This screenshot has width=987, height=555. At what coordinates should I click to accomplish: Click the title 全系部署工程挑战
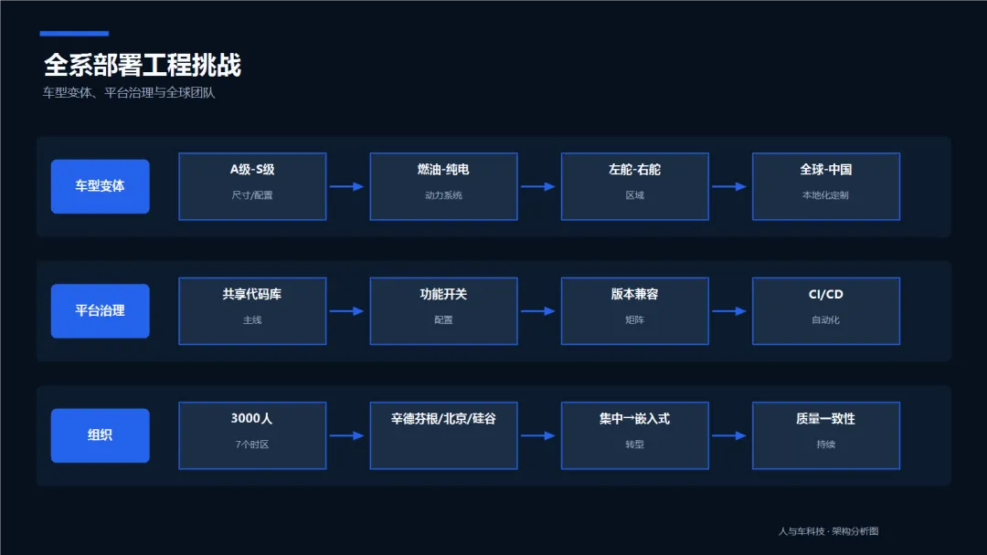click(143, 65)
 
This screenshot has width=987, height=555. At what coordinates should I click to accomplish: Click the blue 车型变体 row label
click(101, 186)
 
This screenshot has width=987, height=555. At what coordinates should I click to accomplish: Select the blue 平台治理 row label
click(101, 310)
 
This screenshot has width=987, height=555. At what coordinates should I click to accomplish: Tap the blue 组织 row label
click(101, 435)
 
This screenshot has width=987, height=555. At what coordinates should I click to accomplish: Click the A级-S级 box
click(252, 186)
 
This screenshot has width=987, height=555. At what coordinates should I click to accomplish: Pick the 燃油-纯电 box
click(444, 186)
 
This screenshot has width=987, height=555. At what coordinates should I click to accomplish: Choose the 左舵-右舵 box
click(635, 186)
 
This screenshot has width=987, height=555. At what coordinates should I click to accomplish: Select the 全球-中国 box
click(826, 186)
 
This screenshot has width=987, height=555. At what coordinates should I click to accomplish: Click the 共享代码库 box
click(252, 310)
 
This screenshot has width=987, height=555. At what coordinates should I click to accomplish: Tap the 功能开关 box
click(444, 310)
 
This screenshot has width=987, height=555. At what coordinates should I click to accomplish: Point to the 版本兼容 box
click(635, 310)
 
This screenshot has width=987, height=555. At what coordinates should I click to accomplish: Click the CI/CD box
click(826, 310)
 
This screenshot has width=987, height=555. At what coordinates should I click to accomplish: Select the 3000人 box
click(252, 435)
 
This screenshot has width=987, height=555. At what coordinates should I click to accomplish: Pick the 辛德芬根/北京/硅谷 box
click(444, 435)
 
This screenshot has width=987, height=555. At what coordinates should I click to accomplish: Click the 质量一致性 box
click(826, 435)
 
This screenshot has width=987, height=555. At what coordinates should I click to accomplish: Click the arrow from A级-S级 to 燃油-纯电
click(347, 187)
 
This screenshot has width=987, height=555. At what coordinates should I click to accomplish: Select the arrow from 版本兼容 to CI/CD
click(729, 311)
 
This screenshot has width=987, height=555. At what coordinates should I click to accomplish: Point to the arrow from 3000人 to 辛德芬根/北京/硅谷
click(347, 435)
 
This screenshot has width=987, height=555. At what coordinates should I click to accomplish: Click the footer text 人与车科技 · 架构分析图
click(828, 531)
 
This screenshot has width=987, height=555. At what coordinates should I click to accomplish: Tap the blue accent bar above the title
click(74, 33)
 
